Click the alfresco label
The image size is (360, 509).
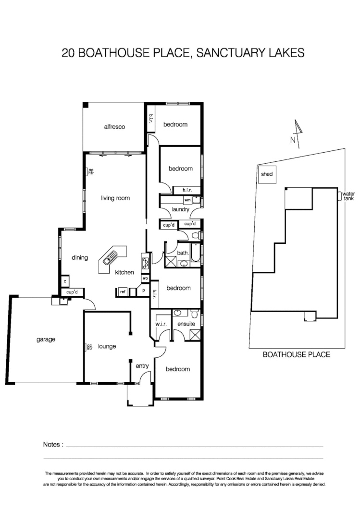point(115,127)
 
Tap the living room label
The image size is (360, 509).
point(115,198)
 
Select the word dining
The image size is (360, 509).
point(80,258)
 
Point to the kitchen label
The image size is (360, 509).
point(124,273)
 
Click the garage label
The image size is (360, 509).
point(46,339)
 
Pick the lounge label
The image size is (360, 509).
point(107,346)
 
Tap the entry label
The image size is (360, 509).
point(142,366)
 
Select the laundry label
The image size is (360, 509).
point(181,209)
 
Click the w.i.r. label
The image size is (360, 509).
point(161,324)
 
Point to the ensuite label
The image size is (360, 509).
point(186,324)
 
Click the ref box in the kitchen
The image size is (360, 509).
point(123,291)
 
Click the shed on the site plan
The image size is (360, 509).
point(266,174)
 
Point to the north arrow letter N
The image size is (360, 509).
point(292,140)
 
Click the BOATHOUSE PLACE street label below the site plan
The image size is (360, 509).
point(296,355)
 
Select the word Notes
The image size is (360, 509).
point(53,445)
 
